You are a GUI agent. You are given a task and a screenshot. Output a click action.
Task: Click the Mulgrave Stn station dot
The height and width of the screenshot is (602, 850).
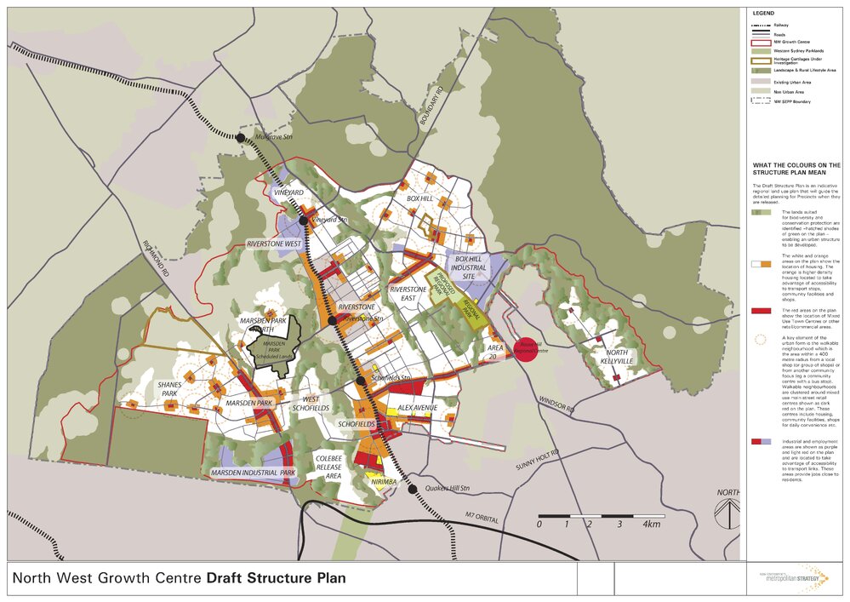[x=241, y=137]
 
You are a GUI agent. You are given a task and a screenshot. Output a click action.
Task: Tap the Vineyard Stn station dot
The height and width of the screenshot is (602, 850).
[x=303, y=220]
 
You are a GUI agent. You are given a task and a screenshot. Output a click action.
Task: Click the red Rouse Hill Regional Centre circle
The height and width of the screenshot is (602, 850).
[x=528, y=349]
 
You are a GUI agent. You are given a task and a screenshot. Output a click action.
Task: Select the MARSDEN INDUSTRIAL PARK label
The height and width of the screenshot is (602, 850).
[x=253, y=472]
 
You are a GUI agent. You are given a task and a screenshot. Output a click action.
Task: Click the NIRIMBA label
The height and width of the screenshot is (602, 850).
[x=385, y=482]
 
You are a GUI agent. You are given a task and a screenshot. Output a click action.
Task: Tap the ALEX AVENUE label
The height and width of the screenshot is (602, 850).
[x=417, y=408]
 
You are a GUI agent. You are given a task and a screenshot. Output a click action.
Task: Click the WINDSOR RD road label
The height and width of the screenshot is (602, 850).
[x=557, y=408]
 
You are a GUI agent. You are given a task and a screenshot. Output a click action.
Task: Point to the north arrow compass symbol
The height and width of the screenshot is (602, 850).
[x=727, y=514]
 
